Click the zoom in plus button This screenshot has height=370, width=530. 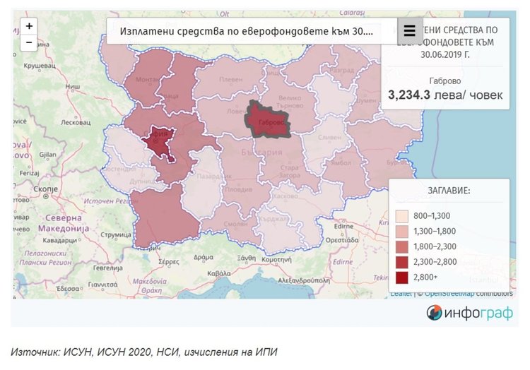tap(29, 26)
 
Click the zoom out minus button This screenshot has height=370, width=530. tap(29, 42)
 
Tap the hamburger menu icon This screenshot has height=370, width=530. tap(409, 31)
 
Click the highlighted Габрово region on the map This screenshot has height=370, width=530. tap(269, 119)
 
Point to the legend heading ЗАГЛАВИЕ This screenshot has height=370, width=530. tap(449, 191)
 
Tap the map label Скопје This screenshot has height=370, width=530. tap(45, 189)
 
